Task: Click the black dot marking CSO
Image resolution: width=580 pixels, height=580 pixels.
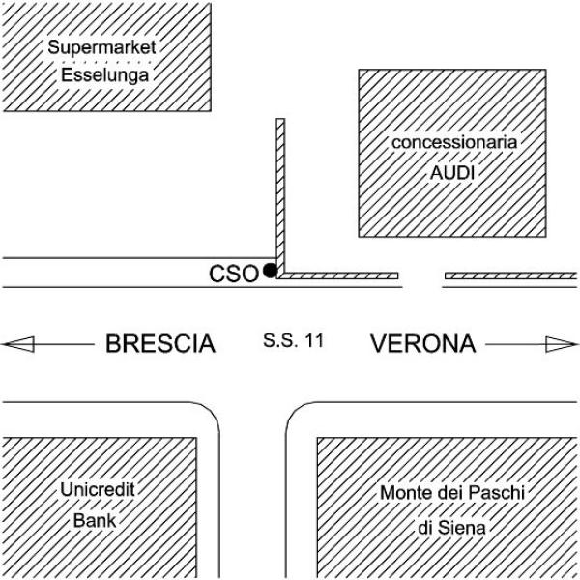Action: tap(270, 270)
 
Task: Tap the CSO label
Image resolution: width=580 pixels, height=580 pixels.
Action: tap(234, 274)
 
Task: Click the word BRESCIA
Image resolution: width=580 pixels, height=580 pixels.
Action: tap(159, 343)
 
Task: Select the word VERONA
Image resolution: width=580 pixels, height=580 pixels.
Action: tap(423, 343)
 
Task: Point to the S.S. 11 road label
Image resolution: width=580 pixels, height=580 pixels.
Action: tap(293, 340)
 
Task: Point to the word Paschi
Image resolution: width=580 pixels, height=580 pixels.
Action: tap(496, 494)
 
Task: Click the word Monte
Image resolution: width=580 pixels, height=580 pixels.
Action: tap(401, 494)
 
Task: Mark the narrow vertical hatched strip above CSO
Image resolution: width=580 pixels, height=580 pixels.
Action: tap(281, 193)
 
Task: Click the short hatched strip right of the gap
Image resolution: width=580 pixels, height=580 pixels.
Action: tap(510, 276)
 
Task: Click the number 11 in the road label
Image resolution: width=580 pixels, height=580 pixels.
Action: tap(312, 340)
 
